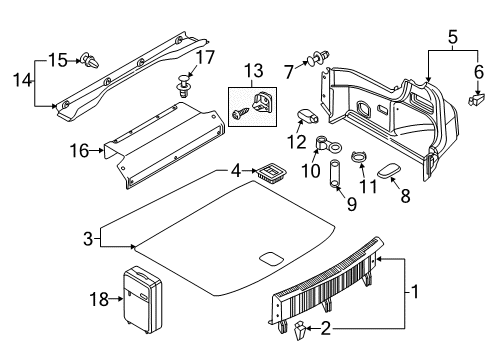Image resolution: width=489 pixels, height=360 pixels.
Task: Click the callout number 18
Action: click(99, 299)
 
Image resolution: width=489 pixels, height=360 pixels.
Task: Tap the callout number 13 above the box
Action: click(254, 71)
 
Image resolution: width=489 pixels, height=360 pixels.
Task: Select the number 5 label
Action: click(453, 37)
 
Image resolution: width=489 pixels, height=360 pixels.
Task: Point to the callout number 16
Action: click(79, 151)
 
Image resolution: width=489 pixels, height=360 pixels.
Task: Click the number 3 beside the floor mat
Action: click(88, 239)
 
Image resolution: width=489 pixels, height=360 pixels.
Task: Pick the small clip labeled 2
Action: click(299, 330)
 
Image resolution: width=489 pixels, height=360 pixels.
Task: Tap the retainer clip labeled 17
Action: click(183, 86)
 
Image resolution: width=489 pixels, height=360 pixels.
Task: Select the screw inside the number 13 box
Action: click(241, 113)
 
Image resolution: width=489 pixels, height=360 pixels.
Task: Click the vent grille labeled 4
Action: click(273, 173)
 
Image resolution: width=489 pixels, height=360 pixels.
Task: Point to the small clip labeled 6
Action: click(475, 99)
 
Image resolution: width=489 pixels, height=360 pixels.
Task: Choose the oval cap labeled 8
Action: click(389, 170)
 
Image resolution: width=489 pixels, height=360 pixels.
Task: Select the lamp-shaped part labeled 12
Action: click(308, 115)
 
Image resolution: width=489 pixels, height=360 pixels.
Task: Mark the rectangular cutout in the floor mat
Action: click(272, 258)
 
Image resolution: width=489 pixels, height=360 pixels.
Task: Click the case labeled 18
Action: click(143, 300)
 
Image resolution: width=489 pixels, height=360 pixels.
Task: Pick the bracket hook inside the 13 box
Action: click(262, 101)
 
